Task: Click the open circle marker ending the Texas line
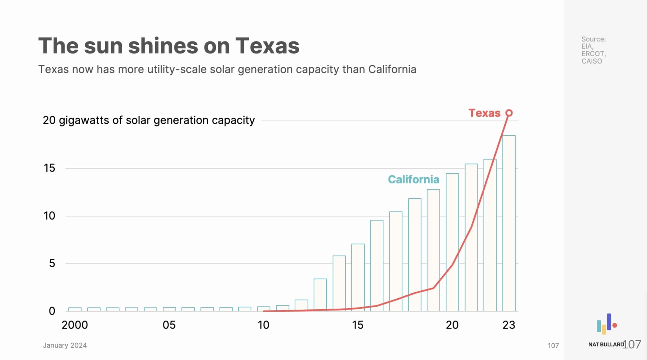[509, 113]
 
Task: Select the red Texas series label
[484, 113]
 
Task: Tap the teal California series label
[413, 179]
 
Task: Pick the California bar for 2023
[509, 223]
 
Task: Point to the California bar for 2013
[320, 295]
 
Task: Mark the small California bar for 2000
[75, 309]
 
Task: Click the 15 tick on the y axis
[49, 168]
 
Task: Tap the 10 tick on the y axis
[49, 216]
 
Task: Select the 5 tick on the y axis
[52, 264]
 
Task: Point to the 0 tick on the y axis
[52, 311]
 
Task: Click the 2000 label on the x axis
[75, 325]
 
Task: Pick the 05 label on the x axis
[169, 325]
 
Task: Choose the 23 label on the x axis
[509, 325]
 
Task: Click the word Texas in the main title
[267, 46]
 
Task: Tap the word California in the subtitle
[392, 69]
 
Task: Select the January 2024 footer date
[65, 345]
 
